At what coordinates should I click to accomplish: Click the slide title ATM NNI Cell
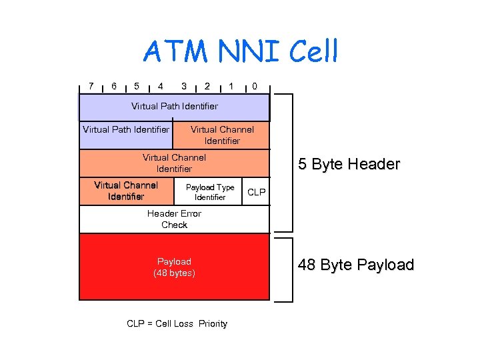[241, 52]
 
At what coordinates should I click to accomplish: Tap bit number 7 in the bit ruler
[91, 86]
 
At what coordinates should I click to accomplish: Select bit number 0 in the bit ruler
[254, 86]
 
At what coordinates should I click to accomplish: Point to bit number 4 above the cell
[160, 86]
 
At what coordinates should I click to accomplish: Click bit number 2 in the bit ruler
[207, 86]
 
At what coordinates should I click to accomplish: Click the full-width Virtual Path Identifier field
[174, 107]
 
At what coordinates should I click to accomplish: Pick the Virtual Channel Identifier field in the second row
[221, 135]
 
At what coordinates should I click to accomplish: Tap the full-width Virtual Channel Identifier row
[174, 163]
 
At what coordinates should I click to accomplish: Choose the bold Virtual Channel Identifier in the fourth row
[126, 191]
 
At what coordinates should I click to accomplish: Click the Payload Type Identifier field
[210, 192]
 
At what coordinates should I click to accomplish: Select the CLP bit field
[256, 192]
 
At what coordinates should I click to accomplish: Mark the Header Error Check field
[174, 219]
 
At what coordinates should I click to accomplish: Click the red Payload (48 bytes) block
[174, 267]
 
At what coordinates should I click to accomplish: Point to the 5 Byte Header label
[349, 164]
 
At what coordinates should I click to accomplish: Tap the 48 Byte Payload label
[356, 265]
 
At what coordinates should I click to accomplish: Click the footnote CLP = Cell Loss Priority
[177, 324]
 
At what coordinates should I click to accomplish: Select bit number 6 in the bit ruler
[114, 86]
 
